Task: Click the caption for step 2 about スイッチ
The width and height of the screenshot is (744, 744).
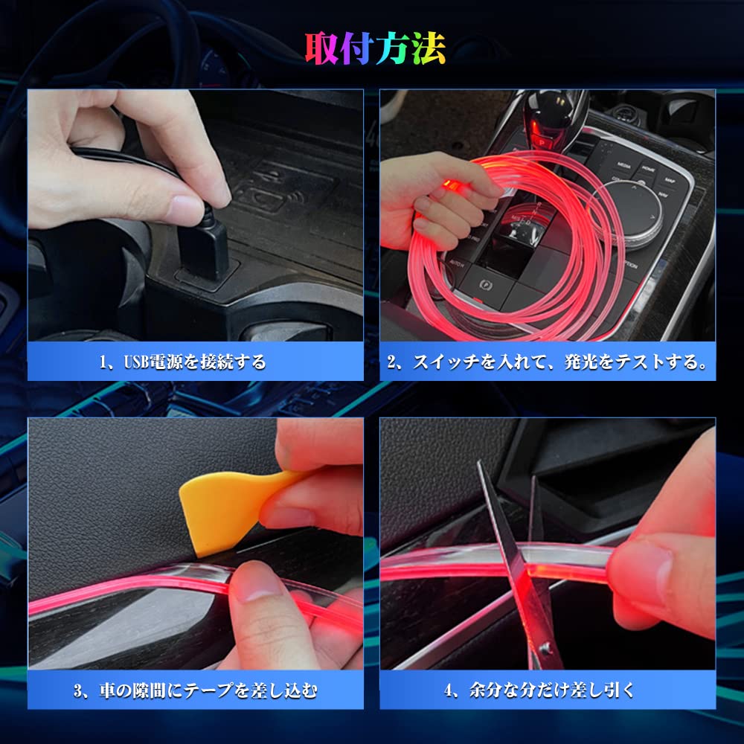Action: click(547, 362)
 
